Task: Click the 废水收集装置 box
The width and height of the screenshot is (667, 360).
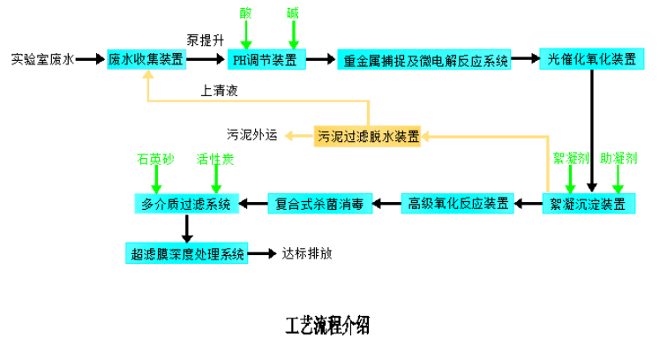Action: pos(146,59)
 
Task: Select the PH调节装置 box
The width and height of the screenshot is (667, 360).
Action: pos(266,59)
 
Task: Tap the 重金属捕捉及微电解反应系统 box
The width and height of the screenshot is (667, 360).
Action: pos(424,60)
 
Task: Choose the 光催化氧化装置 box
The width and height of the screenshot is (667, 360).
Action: pos(591,59)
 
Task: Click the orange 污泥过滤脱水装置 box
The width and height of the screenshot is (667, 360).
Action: pos(367,136)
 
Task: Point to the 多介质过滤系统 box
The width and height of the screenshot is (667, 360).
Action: pos(186,204)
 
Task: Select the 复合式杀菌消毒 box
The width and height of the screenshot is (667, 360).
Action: pos(319,204)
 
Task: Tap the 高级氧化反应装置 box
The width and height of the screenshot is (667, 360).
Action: pos(457,204)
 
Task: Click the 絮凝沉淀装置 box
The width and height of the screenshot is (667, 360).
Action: pos(588,204)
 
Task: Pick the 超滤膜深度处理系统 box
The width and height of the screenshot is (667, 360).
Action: pos(187,253)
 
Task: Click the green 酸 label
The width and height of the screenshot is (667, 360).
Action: pos(245,13)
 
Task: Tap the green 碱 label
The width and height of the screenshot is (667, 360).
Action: pos(293,13)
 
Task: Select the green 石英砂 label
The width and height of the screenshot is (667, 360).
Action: pos(155,159)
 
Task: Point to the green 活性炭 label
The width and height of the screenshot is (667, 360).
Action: pos(215,159)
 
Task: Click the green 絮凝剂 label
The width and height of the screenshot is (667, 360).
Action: pos(570,158)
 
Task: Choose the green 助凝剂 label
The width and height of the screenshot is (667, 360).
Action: pos(618,158)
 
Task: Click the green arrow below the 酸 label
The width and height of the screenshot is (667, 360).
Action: pos(245,35)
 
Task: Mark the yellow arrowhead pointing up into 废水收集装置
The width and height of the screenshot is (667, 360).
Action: pos(148,75)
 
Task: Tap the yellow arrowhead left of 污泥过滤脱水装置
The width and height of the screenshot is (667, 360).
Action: pos(289,136)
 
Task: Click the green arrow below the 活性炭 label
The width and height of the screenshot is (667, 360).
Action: pos(215,180)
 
